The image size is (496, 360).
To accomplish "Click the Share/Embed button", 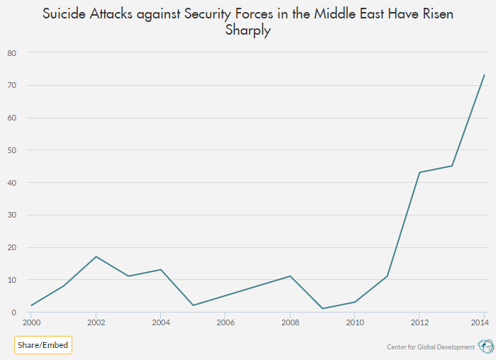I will click(43, 345).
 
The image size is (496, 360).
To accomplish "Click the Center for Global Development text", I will click(430, 347).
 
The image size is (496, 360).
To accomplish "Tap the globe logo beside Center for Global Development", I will click(485, 346).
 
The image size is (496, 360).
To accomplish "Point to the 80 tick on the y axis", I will click(11, 53).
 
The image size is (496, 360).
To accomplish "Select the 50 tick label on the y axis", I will click(11, 150).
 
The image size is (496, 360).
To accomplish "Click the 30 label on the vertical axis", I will click(11, 215).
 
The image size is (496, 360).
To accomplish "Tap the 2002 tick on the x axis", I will click(96, 322).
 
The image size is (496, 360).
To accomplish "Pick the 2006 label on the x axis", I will click(225, 322).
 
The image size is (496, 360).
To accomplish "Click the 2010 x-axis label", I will click(355, 322).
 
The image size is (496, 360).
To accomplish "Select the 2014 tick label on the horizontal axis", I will click(482, 322).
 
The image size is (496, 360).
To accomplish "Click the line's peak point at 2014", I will click(484, 75).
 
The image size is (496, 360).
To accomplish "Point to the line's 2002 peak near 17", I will click(96, 257).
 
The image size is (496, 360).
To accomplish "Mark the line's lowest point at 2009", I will click(322, 309).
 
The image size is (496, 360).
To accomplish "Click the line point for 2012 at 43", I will click(419, 172).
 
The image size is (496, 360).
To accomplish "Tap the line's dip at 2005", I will click(193, 305).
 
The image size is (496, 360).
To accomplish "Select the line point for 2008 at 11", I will click(290, 276).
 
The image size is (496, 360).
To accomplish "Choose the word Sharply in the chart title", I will click(248, 31).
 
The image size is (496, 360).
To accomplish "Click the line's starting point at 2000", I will click(31, 305).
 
